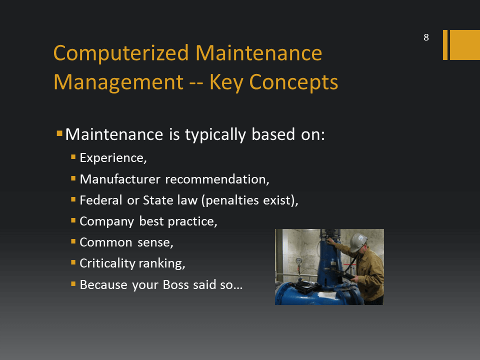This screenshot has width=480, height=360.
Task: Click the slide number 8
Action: point(426,37)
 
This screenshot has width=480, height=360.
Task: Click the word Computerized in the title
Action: point(121,54)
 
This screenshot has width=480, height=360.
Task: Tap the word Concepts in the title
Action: point(293,82)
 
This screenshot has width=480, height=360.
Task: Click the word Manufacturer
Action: point(120,179)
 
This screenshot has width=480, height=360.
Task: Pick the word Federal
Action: point(101,200)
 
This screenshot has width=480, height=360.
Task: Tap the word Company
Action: point(107,221)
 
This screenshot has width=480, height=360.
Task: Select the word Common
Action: point(106,242)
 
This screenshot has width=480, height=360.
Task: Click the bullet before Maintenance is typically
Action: point(59,133)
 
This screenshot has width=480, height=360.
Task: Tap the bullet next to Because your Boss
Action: point(73,284)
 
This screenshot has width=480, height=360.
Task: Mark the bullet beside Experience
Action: point(73,157)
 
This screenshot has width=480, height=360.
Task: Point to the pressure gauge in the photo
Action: point(298,261)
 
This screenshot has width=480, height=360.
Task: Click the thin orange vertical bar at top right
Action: point(445,45)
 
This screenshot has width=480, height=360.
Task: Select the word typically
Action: point(215,135)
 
